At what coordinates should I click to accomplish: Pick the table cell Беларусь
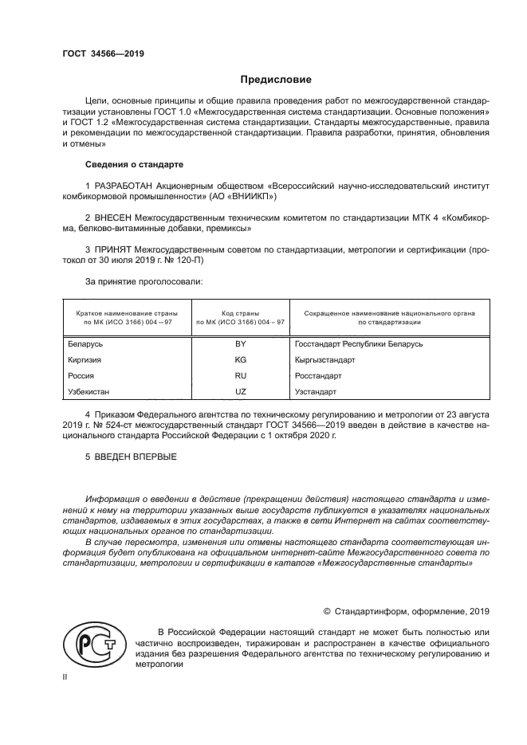[86, 343]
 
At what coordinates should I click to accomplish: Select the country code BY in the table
[240, 343]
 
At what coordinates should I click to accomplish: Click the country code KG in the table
[240, 359]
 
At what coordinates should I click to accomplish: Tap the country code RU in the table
[240, 375]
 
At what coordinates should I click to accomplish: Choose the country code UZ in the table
[240, 392]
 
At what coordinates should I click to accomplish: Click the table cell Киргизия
[85, 359]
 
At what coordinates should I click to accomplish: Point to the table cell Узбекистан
[89, 392]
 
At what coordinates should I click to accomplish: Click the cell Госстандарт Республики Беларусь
[358, 343]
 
